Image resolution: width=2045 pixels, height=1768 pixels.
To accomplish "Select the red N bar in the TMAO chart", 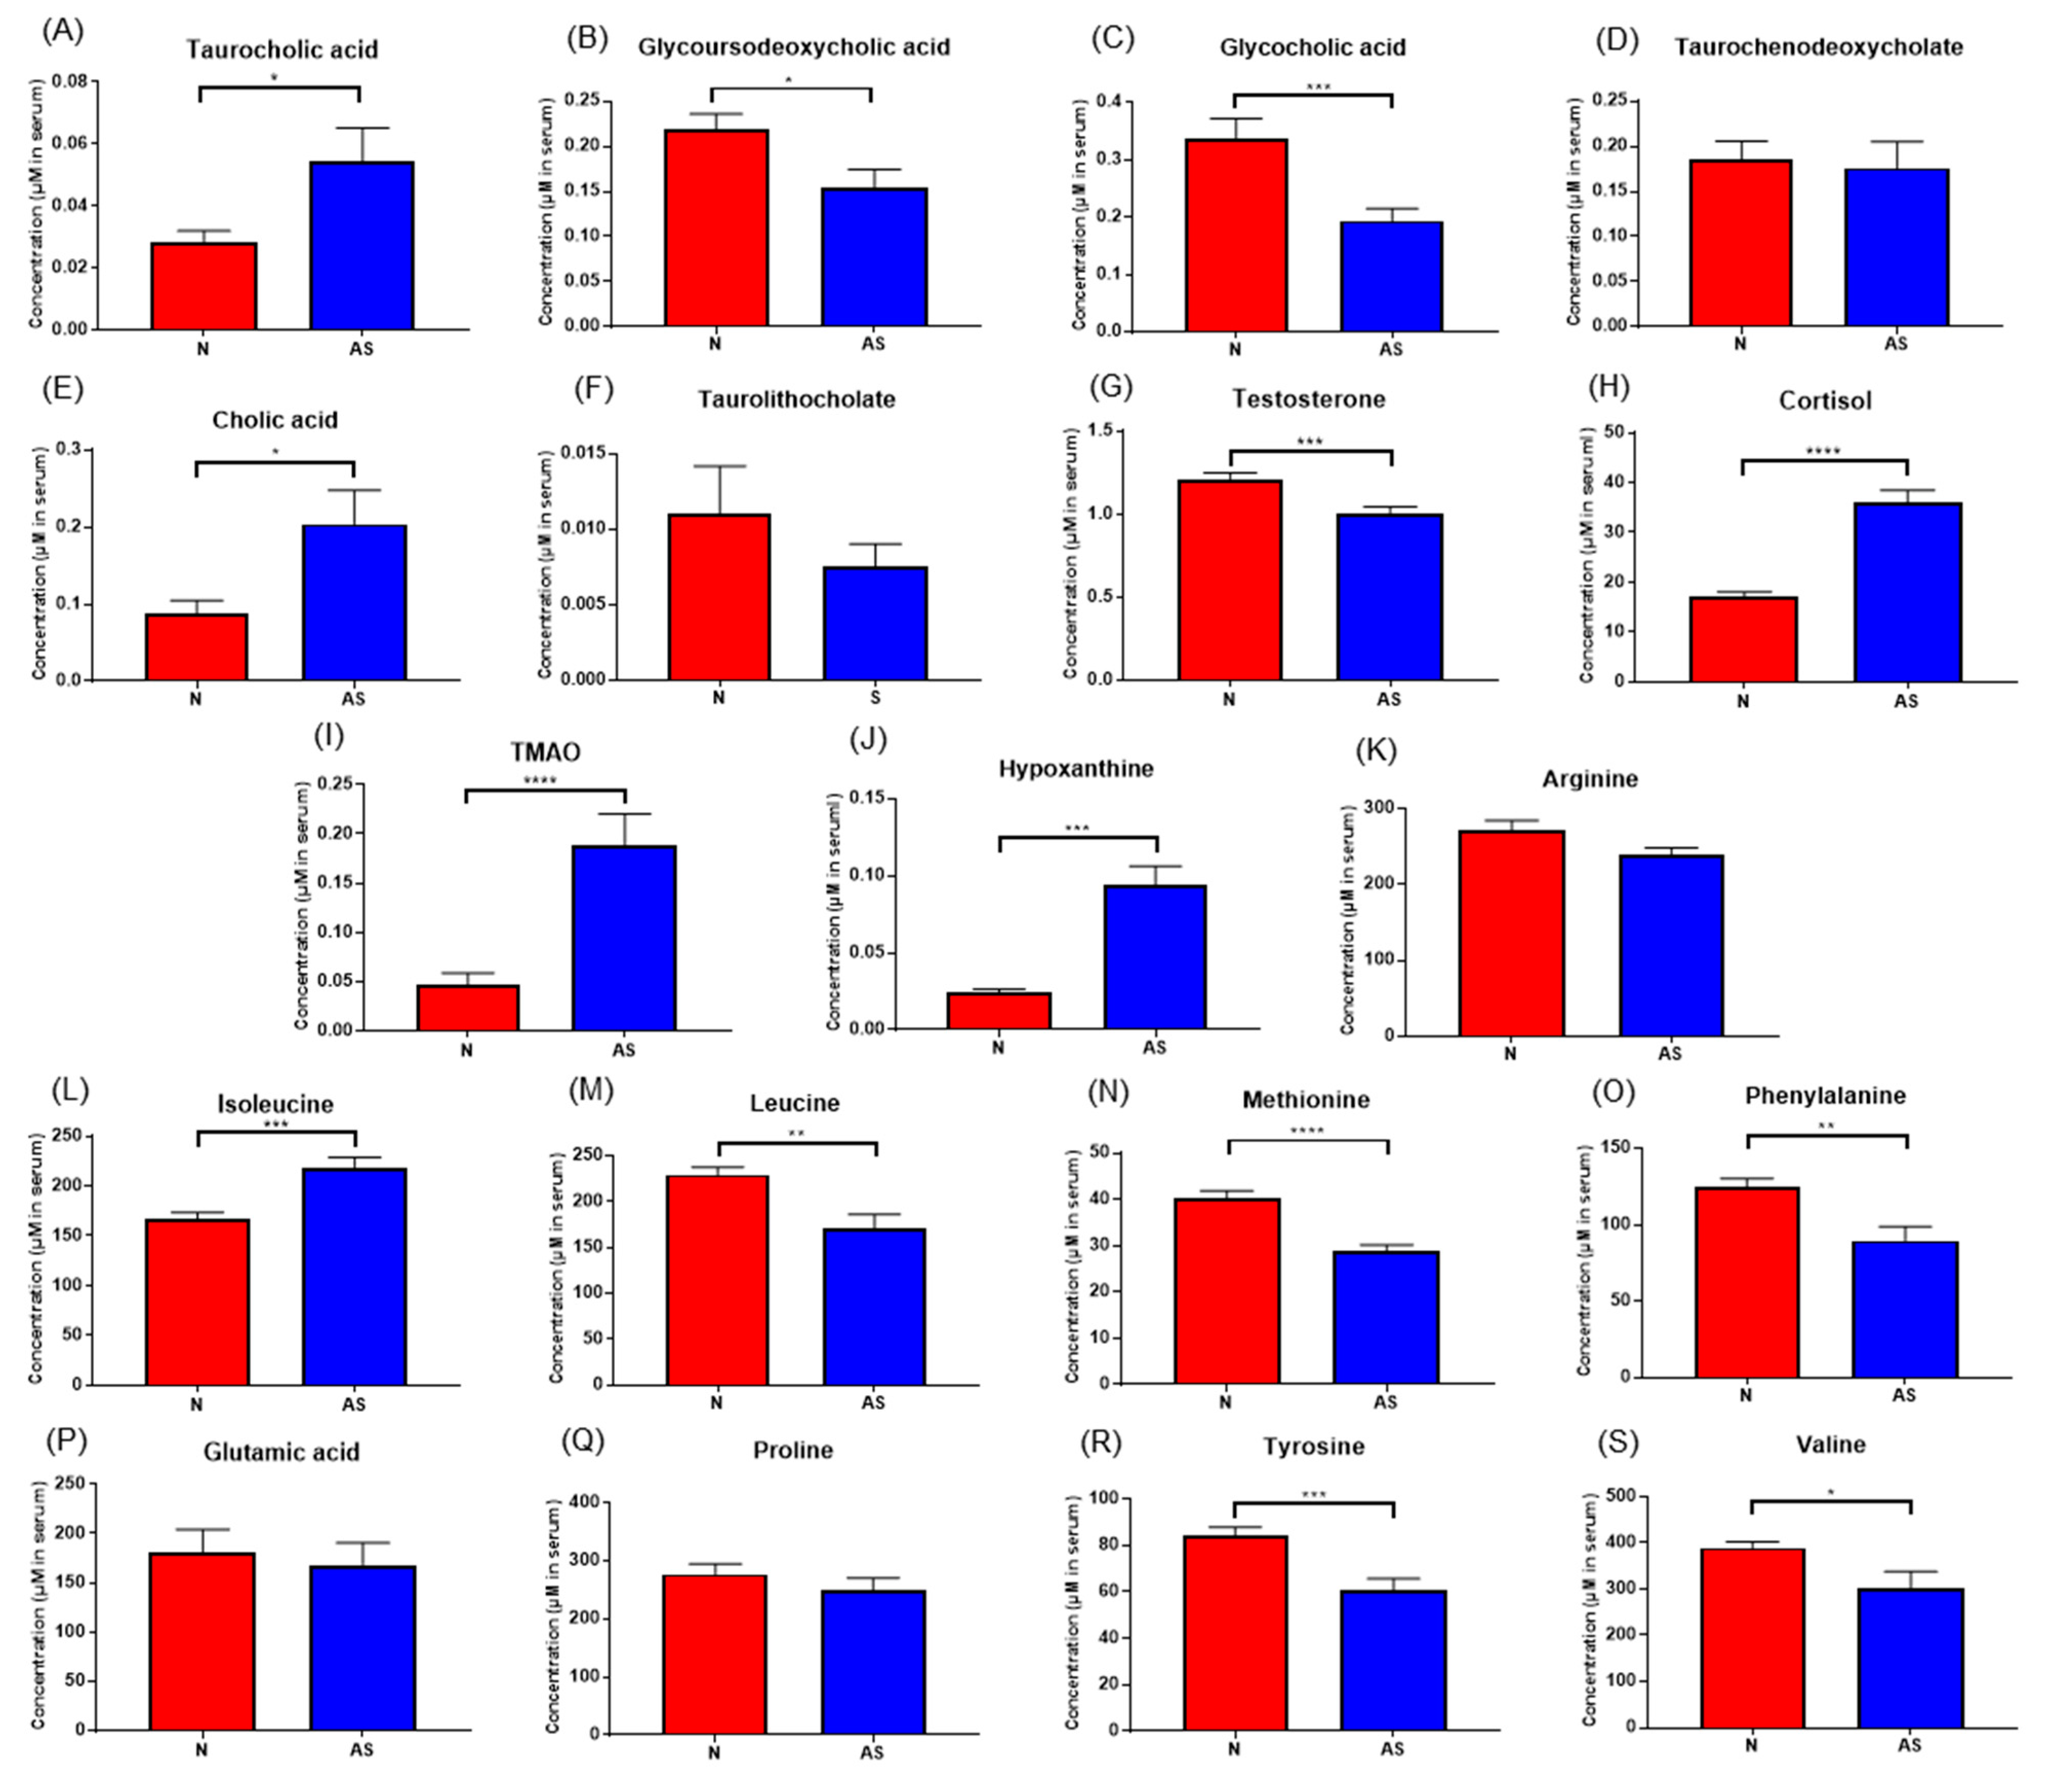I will pyautogui.click(x=468, y=1007).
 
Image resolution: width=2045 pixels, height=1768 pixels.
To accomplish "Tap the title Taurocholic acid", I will pyautogui.click(x=282, y=49).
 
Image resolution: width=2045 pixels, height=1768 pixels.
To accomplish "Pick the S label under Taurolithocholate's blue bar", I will pyautogui.click(x=876, y=697).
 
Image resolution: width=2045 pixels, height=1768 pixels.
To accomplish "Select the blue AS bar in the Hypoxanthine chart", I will pyautogui.click(x=1155, y=957).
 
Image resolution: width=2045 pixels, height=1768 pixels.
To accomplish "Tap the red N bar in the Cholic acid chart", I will pyautogui.click(x=196, y=647).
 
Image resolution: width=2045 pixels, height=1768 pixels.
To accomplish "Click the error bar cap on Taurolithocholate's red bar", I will pyautogui.click(x=719, y=466).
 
